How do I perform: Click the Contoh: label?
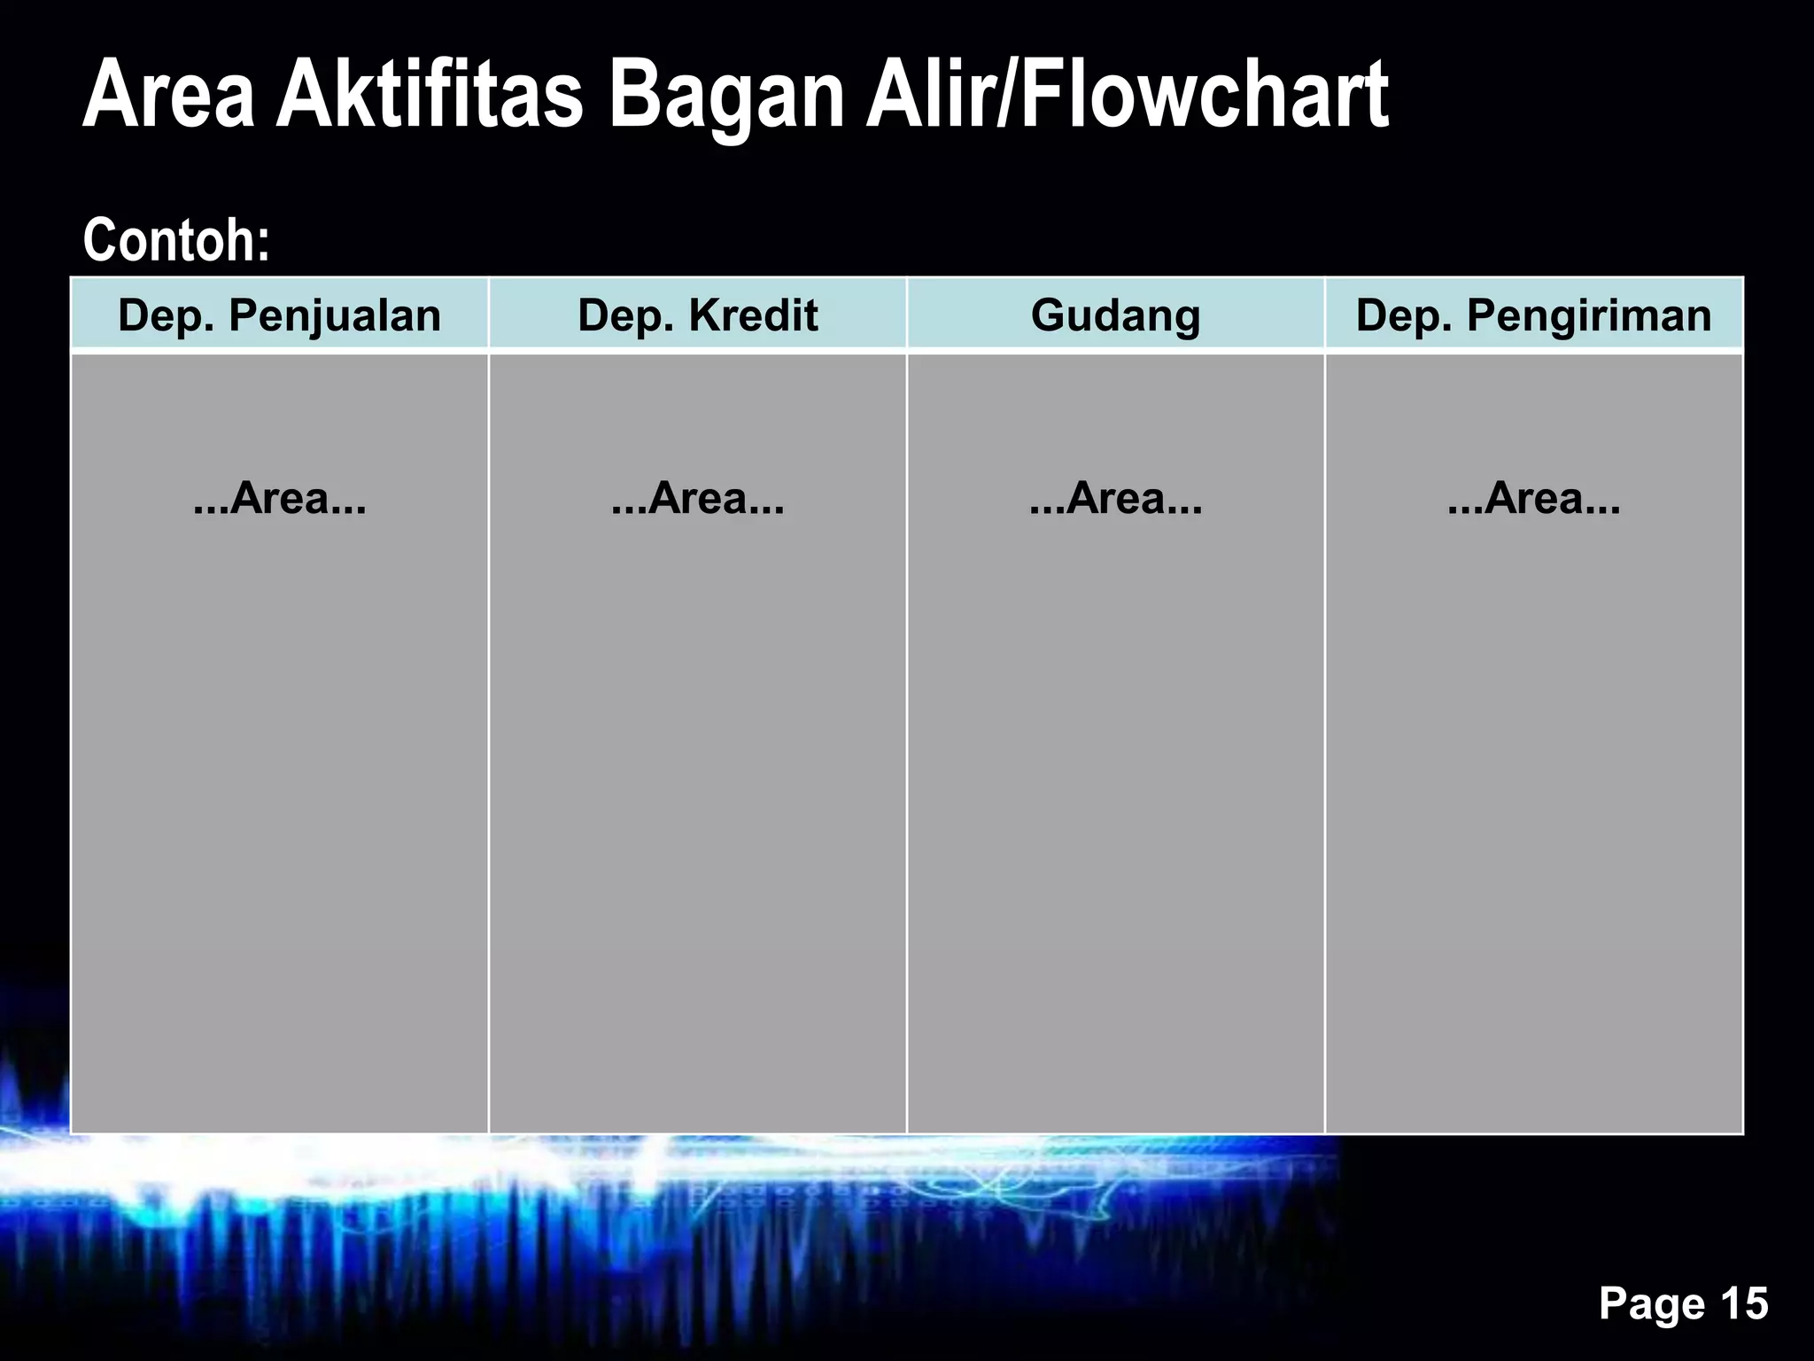[176, 240]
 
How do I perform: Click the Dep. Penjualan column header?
[279, 315]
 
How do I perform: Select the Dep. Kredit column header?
[697, 315]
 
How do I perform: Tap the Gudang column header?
[1115, 315]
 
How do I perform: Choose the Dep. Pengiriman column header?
[1533, 315]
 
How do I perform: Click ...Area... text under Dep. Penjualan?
[279, 498]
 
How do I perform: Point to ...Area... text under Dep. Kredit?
[697, 498]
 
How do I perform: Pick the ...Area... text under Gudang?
[1115, 498]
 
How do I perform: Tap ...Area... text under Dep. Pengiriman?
[1533, 498]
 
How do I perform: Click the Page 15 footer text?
[1683, 1303]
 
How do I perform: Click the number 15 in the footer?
[1744, 1303]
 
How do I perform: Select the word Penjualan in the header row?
[335, 316]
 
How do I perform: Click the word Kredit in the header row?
[753, 315]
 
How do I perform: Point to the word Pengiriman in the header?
[1589, 316]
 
